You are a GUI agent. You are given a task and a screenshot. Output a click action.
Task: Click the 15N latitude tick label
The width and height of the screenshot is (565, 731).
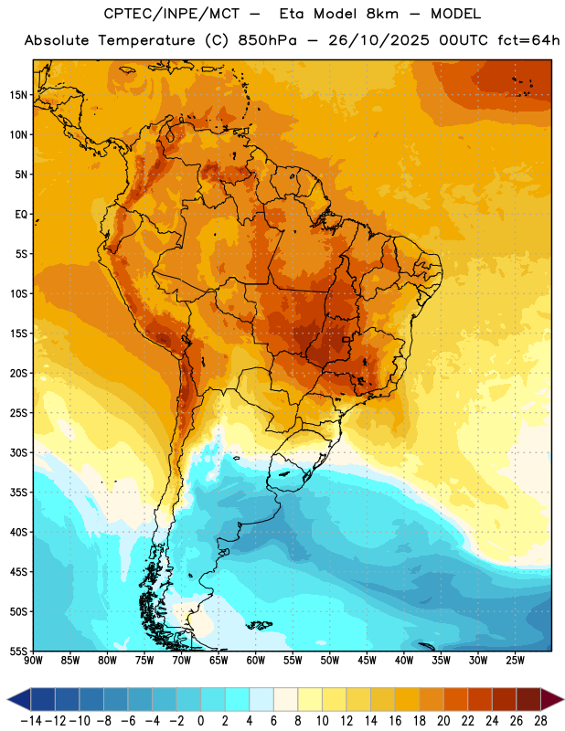[18, 95]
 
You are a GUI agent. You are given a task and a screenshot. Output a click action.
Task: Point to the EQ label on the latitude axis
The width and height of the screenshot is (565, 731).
[21, 215]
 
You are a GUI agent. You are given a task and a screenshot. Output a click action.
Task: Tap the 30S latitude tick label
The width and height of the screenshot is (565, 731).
[18, 452]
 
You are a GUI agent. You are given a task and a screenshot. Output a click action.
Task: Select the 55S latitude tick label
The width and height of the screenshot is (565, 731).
[18, 652]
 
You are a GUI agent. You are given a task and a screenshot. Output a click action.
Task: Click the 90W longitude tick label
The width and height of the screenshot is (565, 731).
[33, 660]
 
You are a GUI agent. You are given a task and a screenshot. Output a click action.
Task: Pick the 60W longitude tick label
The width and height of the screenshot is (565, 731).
[256, 660]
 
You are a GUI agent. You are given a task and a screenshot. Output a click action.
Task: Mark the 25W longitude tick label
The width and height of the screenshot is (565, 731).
[515, 660]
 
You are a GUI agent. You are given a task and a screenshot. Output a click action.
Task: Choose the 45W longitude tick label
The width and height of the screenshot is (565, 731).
[367, 660]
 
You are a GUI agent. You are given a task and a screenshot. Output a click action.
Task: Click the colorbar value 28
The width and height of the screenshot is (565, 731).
[540, 721]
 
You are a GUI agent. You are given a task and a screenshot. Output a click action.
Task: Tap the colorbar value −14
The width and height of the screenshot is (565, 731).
[31, 721]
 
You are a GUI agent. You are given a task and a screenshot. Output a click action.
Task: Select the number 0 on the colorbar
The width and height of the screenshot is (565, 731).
[200, 721]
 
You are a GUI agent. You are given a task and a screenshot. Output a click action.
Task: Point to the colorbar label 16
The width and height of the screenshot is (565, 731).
[395, 721]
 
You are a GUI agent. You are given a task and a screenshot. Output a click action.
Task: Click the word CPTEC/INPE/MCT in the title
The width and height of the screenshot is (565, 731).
[171, 14]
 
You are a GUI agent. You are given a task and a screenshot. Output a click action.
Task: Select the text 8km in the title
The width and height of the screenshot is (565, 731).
[382, 14]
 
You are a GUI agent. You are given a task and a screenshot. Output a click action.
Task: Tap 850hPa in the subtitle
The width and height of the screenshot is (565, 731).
[267, 40]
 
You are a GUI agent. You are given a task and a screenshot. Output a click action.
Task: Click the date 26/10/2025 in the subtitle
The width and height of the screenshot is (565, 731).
[378, 40]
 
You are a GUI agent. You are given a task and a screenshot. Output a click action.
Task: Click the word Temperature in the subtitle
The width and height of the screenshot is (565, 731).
[146, 40]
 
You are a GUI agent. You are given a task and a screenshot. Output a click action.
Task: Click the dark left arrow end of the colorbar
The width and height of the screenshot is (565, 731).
[18, 699]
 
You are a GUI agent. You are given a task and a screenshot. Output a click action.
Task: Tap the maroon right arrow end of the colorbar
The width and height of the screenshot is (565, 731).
[552, 699]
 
